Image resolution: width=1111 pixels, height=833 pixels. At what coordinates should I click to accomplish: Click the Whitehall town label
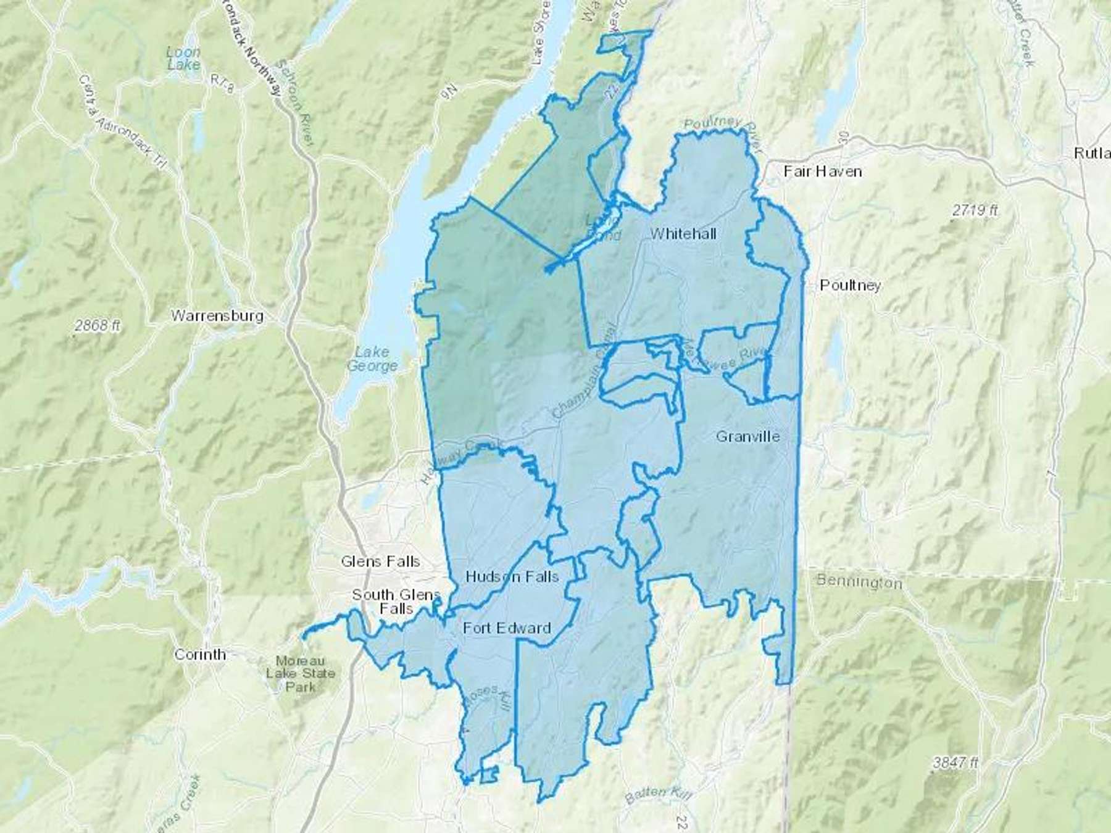point(683,233)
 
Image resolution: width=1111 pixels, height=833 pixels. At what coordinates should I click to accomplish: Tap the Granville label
point(747,437)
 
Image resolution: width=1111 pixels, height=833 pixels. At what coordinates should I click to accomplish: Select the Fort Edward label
point(507,628)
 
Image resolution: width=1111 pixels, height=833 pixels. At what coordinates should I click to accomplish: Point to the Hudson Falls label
point(512,576)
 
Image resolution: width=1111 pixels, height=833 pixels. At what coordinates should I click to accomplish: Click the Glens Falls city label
point(380,562)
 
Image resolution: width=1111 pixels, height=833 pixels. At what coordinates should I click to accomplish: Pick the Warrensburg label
point(217,316)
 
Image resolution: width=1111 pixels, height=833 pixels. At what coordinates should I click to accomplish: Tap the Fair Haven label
point(822,171)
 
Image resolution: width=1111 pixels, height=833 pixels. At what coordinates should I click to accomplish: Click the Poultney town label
point(850,285)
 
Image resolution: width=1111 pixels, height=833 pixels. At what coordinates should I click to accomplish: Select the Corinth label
point(200,654)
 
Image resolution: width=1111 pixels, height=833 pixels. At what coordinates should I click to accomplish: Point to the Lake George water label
point(372,358)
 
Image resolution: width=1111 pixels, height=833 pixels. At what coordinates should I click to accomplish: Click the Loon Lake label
point(183,58)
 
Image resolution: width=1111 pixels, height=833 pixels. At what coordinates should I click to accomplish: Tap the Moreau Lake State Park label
point(301,673)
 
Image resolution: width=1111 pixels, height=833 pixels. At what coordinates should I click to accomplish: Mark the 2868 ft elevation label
point(98,326)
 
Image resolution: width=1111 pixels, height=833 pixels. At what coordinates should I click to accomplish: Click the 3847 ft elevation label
point(955,763)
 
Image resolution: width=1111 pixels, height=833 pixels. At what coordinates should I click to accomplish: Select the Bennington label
point(859,581)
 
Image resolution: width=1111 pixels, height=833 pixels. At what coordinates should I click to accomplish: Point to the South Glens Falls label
point(396,601)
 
